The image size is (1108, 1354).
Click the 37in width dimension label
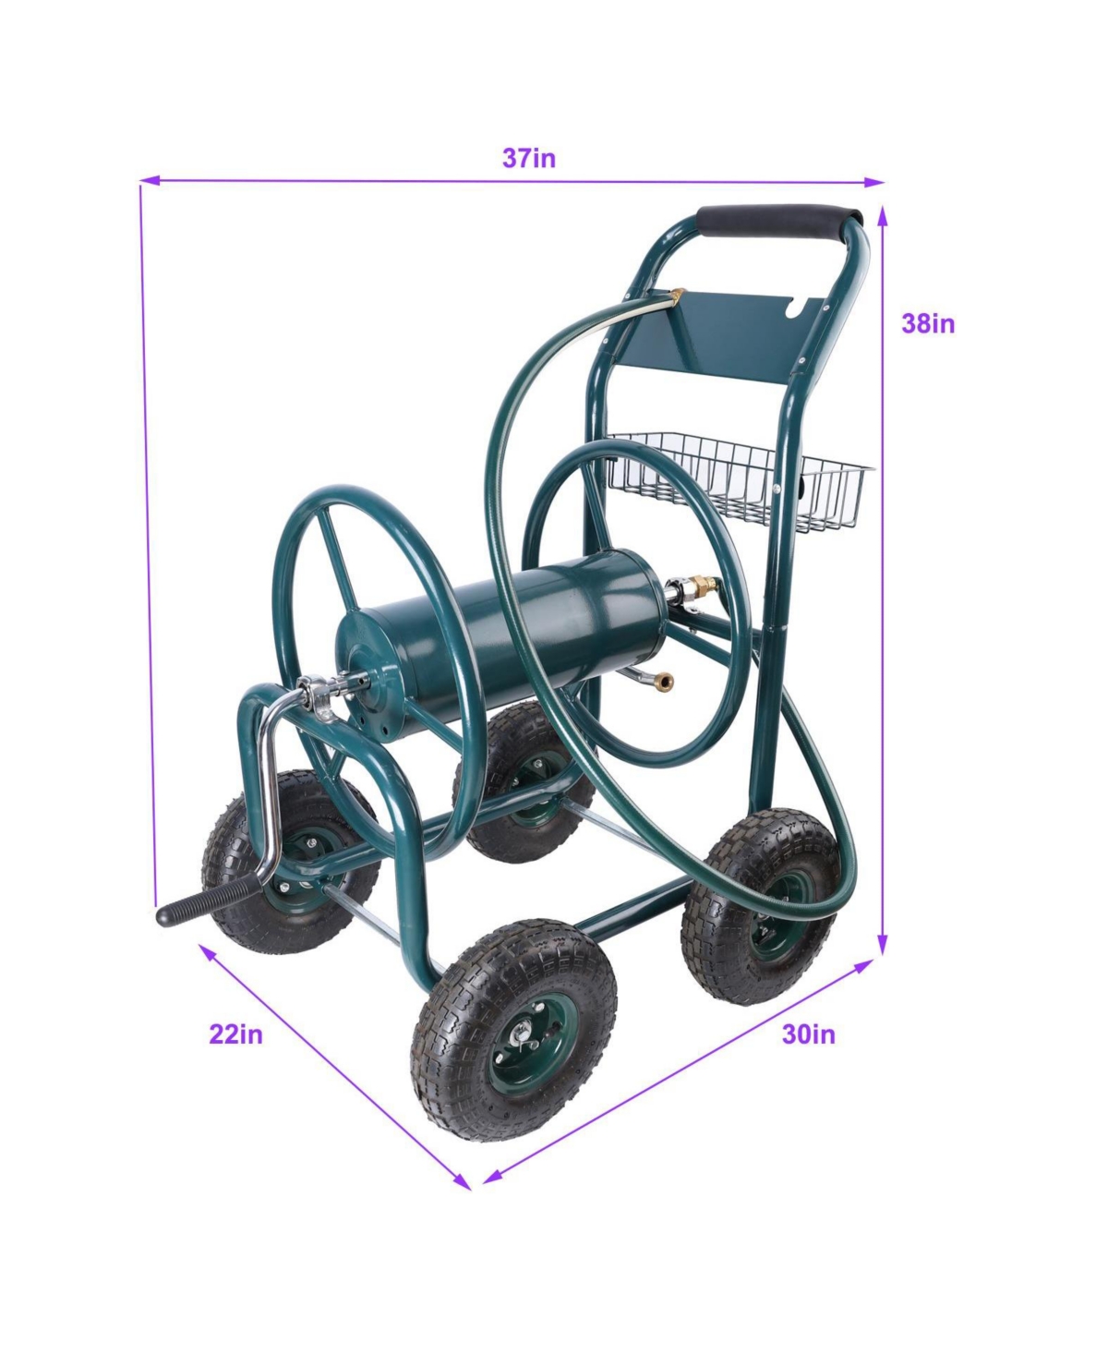(528, 158)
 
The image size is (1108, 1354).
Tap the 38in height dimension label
(928, 323)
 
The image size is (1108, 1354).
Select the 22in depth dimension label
(235, 1034)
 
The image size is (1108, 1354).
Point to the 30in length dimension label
(808, 1034)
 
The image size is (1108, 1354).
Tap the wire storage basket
(739, 481)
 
